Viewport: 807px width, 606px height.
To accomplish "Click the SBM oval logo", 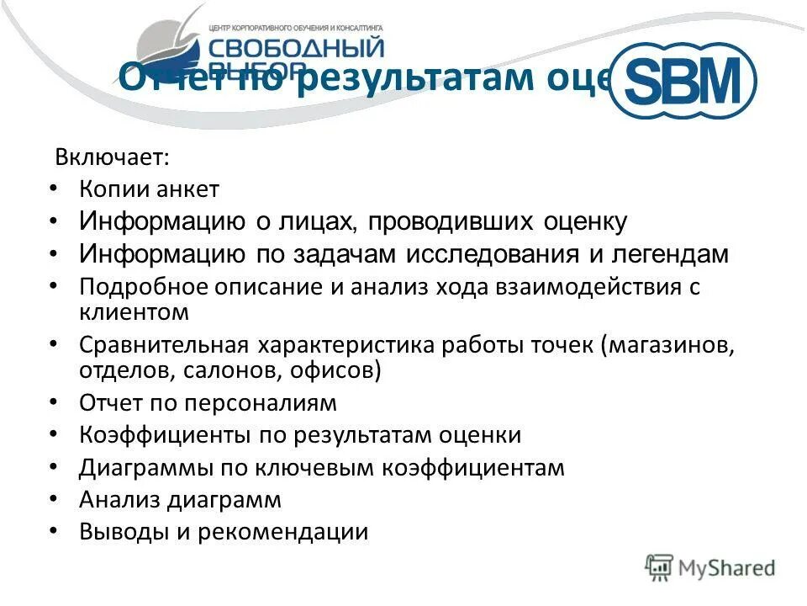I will [682, 81].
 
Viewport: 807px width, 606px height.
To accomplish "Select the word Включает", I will [100, 157].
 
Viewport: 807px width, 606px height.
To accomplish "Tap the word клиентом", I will [134, 312].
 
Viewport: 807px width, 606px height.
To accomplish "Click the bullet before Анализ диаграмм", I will [54, 498].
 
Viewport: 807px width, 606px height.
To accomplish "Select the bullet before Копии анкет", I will [54, 189].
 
